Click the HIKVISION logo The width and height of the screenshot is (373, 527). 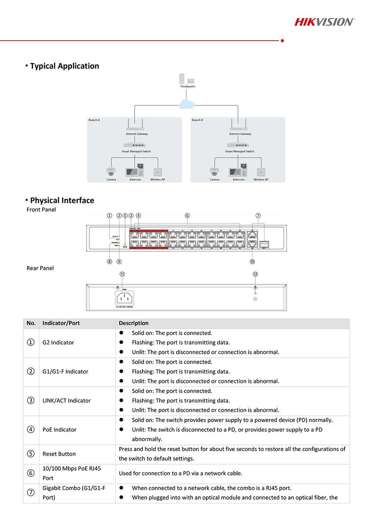point(324,22)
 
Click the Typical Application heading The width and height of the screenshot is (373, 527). point(64,66)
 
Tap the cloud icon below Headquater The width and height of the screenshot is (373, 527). point(186,104)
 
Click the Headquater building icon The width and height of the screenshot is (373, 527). point(187,79)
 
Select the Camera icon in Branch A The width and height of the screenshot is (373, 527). point(111,171)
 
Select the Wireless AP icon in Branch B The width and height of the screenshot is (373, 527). point(261,172)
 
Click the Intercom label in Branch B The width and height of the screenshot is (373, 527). point(238,180)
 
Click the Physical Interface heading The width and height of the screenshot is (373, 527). point(62,200)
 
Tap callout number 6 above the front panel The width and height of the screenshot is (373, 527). point(187,215)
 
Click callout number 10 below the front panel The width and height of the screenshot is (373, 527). point(252,261)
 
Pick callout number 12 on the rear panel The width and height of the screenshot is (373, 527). point(255,274)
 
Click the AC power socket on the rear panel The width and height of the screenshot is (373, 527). point(125,298)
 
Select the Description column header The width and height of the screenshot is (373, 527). point(133,323)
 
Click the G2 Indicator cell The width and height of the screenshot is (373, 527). point(58,343)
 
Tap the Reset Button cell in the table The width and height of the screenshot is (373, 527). point(59,454)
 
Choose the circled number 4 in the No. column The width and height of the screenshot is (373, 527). point(31,429)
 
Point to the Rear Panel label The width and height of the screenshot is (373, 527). point(40,268)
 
